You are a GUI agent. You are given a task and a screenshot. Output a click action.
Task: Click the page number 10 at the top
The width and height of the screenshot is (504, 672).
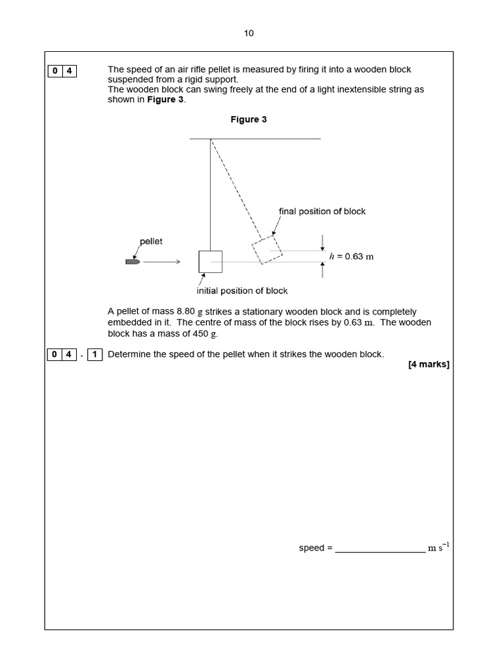[x=249, y=33]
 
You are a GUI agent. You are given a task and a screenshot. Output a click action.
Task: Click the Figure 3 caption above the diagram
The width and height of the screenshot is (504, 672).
[x=248, y=119]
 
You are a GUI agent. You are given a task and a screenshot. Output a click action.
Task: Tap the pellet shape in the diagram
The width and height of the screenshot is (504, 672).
[x=132, y=262]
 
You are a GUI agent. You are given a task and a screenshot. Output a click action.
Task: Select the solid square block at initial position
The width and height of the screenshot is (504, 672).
[x=210, y=261]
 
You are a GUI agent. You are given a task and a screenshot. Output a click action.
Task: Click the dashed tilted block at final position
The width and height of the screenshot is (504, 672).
[x=267, y=249]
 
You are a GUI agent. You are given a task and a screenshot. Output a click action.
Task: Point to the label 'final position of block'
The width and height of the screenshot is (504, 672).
[x=322, y=211]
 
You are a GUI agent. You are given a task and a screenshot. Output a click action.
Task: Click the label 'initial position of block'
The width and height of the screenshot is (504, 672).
[x=242, y=291]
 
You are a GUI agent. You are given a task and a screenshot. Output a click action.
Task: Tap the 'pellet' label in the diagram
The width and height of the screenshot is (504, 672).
[x=151, y=241]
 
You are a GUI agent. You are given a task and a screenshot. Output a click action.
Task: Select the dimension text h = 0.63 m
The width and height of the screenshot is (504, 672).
[x=351, y=257]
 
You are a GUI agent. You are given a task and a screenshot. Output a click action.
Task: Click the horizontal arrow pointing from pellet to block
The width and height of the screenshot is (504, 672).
[x=161, y=262]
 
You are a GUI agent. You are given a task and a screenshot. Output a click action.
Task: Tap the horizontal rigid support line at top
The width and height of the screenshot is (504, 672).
[x=255, y=138]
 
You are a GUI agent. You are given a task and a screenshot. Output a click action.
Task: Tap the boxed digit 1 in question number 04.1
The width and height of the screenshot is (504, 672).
[x=94, y=355]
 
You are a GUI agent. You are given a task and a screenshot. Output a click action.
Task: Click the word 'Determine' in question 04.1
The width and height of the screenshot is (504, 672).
[x=129, y=354]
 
